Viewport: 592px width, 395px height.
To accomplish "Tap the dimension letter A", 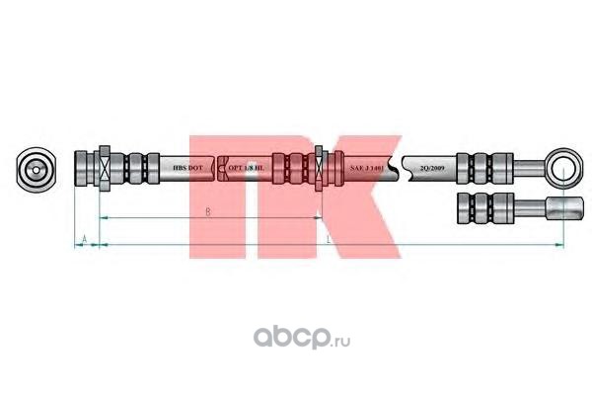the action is coord(85,240).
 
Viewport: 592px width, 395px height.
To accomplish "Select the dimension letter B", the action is coord(206,212).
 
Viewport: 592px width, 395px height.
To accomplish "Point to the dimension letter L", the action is coord(328,239).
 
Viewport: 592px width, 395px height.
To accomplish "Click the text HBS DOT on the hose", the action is coord(187,167).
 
